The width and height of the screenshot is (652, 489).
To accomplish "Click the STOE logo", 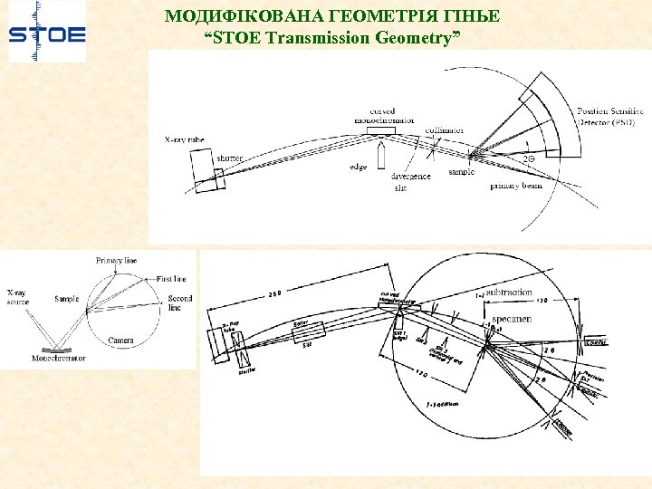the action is (47, 34).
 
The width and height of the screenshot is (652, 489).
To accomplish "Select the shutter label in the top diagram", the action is (229, 158).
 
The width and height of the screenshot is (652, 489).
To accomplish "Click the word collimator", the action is (445, 129).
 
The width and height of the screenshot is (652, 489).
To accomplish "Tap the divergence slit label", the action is (410, 182).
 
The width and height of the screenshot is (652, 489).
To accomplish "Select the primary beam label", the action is (516, 186).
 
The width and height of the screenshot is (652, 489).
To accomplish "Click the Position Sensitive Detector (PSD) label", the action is (611, 116).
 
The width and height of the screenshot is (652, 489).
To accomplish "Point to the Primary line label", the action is (117, 261).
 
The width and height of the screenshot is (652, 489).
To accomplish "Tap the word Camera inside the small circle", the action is (120, 340).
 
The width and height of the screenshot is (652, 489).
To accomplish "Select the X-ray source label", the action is (17, 298).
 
